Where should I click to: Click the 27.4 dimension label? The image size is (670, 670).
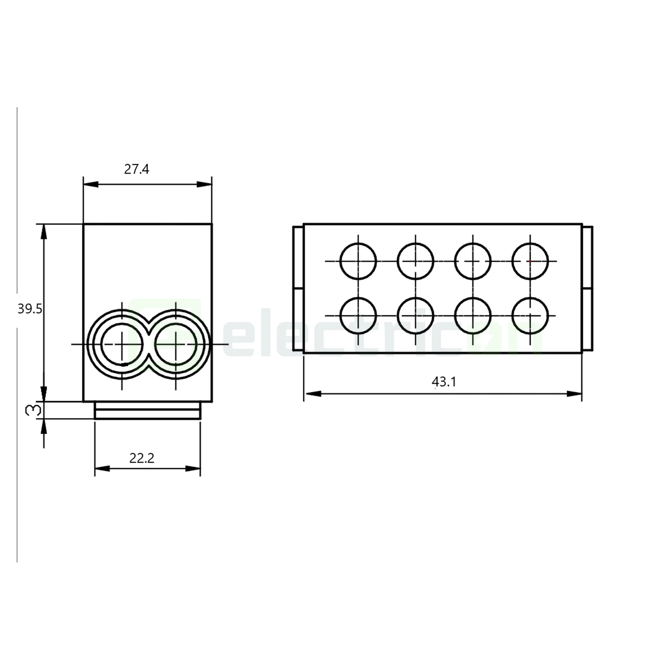[x=136, y=170]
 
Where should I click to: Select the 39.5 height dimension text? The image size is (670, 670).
[x=30, y=309]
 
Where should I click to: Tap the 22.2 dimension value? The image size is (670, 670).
[x=141, y=459]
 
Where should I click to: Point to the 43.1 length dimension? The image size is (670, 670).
[x=444, y=382]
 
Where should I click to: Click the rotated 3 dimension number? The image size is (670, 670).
[x=33, y=411]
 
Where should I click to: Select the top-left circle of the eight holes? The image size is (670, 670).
[x=358, y=261]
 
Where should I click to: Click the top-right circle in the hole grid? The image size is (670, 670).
[x=530, y=261]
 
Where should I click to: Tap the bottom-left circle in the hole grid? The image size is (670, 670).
[x=358, y=316]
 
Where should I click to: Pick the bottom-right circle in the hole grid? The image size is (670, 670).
[x=530, y=316]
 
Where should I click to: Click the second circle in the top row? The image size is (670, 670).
[x=415, y=261]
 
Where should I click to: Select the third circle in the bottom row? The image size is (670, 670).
[x=472, y=316]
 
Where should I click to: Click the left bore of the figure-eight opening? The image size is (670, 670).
[x=122, y=344]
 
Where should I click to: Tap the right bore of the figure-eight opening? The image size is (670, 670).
[x=176, y=344]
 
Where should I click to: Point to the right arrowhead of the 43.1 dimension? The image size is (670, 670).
[x=575, y=394]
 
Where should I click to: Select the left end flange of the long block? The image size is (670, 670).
[x=298, y=288]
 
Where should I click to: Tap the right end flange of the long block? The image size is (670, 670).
[x=587, y=288]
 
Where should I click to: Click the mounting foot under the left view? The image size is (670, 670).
[x=147, y=411]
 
